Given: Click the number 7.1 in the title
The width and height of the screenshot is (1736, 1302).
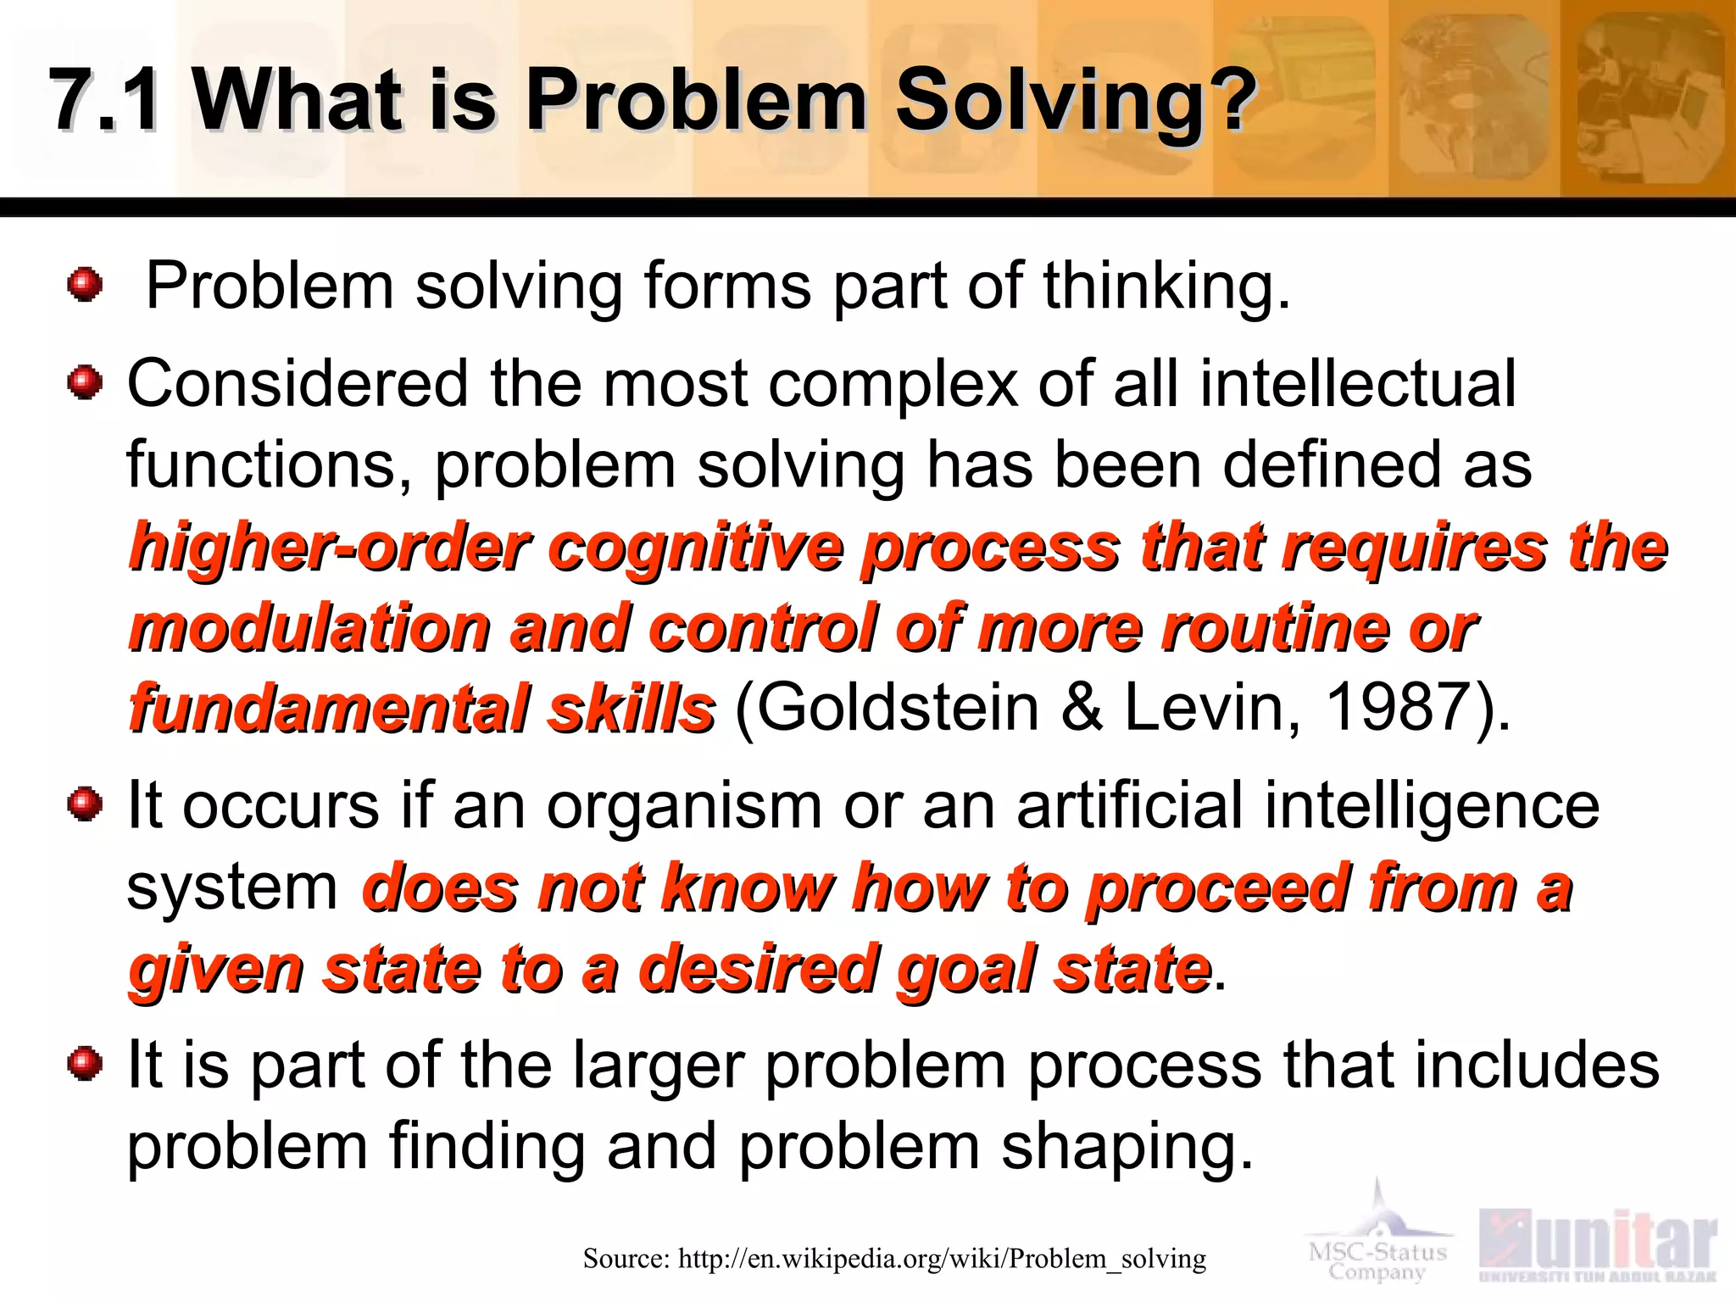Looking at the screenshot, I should tap(103, 100).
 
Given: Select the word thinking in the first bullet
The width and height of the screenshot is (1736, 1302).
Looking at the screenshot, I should tap(1166, 287).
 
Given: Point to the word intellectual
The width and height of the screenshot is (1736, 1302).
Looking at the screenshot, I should tap(1356, 383).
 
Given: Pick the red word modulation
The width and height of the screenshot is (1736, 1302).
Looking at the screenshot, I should tap(309, 629).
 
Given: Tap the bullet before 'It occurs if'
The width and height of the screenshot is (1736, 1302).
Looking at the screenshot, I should tap(85, 804).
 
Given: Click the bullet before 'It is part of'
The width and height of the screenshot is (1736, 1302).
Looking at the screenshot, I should tap(85, 1063).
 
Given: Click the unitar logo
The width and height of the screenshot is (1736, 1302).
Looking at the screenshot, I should tap(1598, 1246).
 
